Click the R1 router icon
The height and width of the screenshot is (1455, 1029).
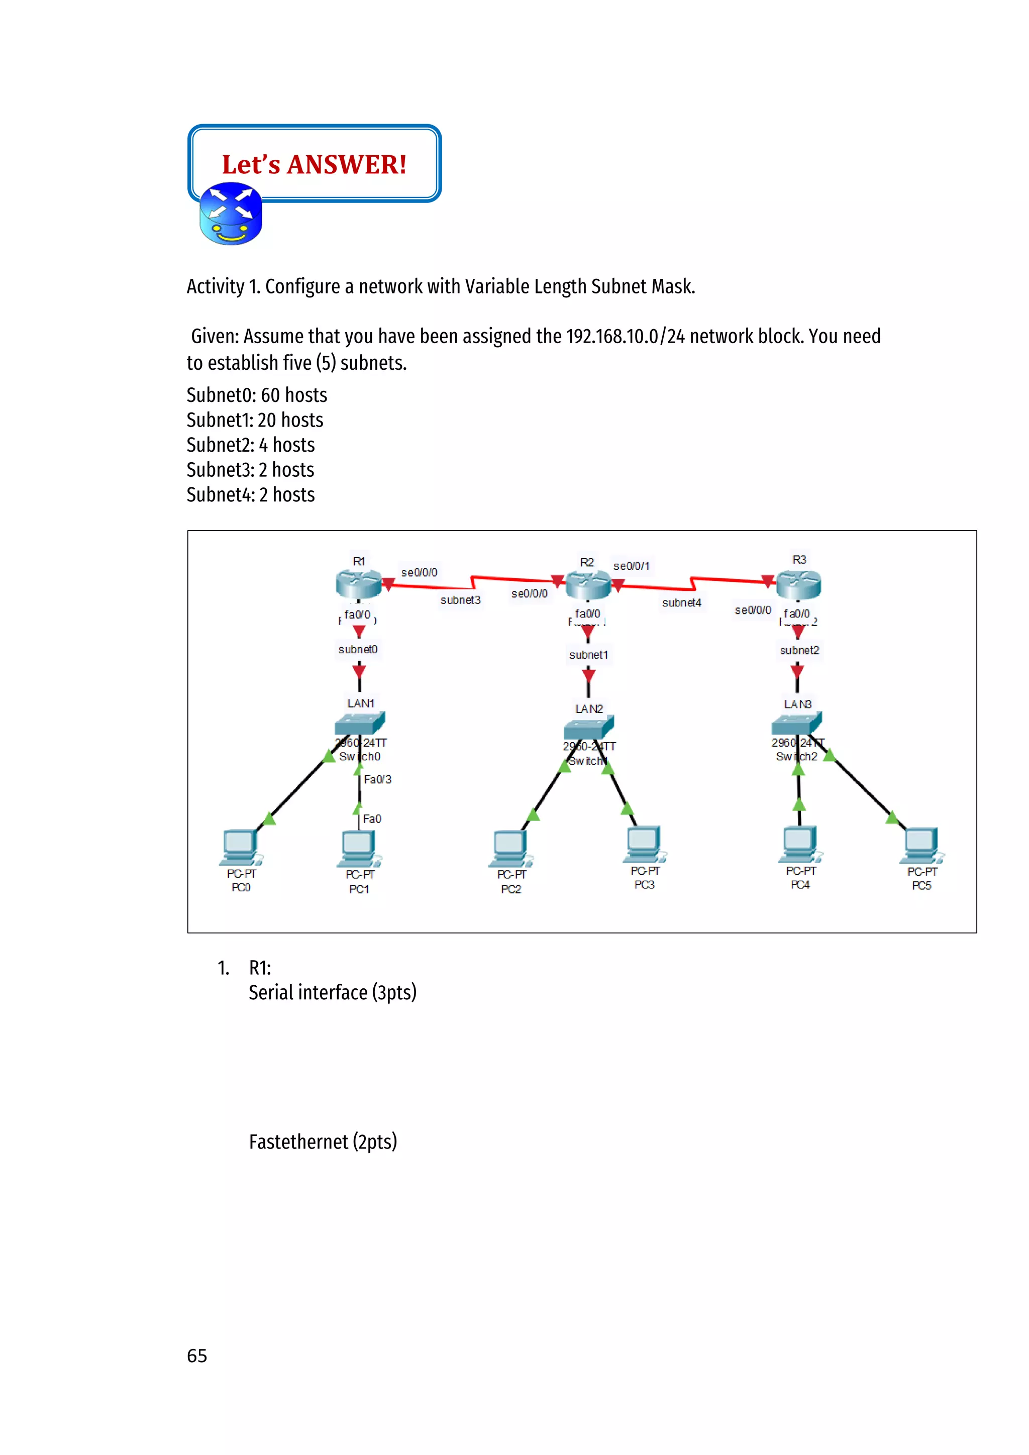(x=358, y=584)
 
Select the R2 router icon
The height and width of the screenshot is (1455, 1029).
(x=587, y=584)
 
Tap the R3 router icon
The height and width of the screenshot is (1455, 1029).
(x=798, y=584)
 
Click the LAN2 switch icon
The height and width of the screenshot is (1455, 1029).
(x=589, y=727)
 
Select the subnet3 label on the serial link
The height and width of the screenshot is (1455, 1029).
(x=461, y=600)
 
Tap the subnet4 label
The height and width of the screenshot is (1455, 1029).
(x=682, y=603)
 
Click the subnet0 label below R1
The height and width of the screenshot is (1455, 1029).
(x=358, y=650)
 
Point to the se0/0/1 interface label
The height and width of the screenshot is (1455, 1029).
(x=631, y=566)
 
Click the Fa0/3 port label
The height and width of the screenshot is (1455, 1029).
(x=378, y=779)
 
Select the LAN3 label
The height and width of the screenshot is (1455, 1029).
(x=798, y=704)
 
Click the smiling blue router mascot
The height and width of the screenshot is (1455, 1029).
(x=231, y=214)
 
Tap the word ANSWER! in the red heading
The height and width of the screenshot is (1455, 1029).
(x=347, y=165)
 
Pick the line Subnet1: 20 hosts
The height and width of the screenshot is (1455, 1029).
(x=255, y=420)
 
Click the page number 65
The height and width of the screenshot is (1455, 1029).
(x=197, y=1356)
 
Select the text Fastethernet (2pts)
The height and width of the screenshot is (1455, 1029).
(x=323, y=1142)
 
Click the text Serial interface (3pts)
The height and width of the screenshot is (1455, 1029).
(x=333, y=992)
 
